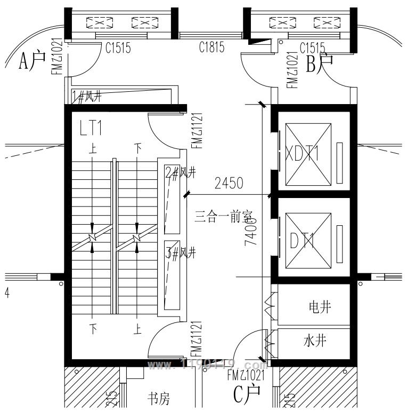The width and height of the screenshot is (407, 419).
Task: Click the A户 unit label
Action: tap(32, 62)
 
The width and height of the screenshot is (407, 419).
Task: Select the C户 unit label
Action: tap(247, 394)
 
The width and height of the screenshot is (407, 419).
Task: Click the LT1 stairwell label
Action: tap(91, 128)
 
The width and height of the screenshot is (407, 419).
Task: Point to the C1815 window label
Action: tap(211, 48)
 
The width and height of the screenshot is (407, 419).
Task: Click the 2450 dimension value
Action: tap(229, 184)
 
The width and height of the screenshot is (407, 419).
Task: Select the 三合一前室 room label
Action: tap(223, 217)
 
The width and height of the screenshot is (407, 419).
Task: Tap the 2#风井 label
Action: tap(181, 172)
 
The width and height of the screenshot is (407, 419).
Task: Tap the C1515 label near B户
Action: tap(312, 48)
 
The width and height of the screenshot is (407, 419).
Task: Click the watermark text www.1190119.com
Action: tap(207, 366)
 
